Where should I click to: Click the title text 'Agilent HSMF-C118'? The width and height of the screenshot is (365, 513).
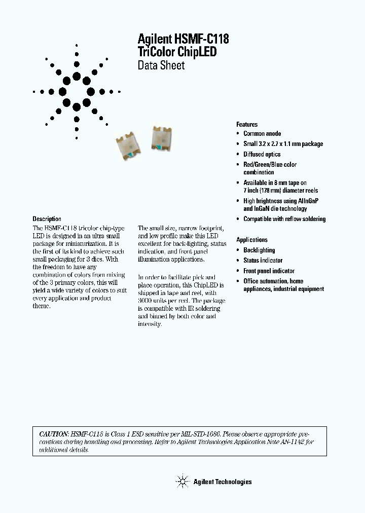click(x=179, y=40)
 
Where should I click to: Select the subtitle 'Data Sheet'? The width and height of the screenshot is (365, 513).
click(x=161, y=65)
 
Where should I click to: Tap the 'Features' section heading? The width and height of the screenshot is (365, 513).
click(x=247, y=124)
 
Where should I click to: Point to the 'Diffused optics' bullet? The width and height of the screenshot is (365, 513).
click(x=262, y=154)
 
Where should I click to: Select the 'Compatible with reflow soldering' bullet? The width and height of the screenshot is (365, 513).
click(x=284, y=219)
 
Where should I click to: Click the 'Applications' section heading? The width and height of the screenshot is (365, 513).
click(x=252, y=240)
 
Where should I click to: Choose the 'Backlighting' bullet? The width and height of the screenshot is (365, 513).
click(x=259, y=250)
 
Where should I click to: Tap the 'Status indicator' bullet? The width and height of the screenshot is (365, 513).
click(x=263, y=261)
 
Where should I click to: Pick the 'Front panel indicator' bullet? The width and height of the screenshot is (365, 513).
click(x=269, y=271)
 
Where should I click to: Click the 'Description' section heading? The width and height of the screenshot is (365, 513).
click(x=47, y=219)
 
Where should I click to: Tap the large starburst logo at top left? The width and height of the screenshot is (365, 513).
click(x=77, y=92)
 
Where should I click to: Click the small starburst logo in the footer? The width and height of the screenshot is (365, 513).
click(x=182, y=481)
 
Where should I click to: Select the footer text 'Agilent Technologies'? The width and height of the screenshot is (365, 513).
click(x=223, y=482)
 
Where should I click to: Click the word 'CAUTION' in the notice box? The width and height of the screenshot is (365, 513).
click(x=54, y=434)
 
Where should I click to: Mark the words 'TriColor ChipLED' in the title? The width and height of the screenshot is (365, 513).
click(x=177, y=52)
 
